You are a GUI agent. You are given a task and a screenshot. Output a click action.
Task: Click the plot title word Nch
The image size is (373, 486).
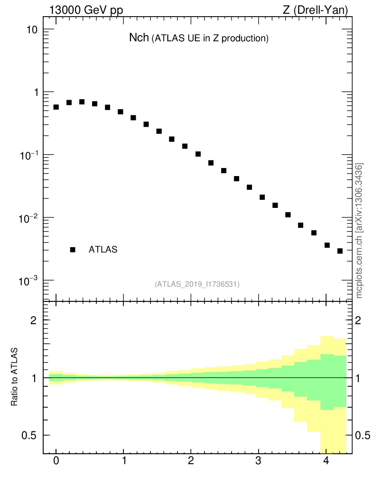click(139, 38)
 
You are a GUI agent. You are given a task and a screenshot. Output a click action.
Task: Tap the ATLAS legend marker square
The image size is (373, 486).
click(73, 250)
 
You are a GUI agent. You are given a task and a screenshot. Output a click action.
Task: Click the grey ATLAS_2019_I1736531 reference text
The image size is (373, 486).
click(197, 284)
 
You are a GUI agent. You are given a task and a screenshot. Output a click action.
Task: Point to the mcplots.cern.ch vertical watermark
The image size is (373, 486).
click(359, 231)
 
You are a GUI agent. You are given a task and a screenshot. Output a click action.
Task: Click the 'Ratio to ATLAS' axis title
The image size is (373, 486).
click(15, 377)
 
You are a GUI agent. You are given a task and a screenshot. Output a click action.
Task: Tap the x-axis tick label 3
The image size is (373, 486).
click(258, 461)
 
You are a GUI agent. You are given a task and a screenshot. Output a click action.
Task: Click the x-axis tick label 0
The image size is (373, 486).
click(56, 461)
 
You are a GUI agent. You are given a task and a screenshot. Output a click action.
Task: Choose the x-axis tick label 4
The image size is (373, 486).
click(326, 461)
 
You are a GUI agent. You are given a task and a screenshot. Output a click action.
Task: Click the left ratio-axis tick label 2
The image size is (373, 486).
click(34, 320)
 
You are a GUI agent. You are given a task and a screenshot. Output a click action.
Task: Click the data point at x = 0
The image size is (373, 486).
click(56, 107)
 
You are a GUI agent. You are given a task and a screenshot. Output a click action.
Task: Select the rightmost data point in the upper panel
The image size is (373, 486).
click(340, 251)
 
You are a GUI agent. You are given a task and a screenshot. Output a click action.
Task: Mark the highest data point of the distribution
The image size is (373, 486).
click(82, 102)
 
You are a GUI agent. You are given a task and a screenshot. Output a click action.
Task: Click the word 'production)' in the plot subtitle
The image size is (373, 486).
click(245, 39)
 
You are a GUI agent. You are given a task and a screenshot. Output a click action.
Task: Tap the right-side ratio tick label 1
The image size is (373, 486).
click(359, 378)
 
